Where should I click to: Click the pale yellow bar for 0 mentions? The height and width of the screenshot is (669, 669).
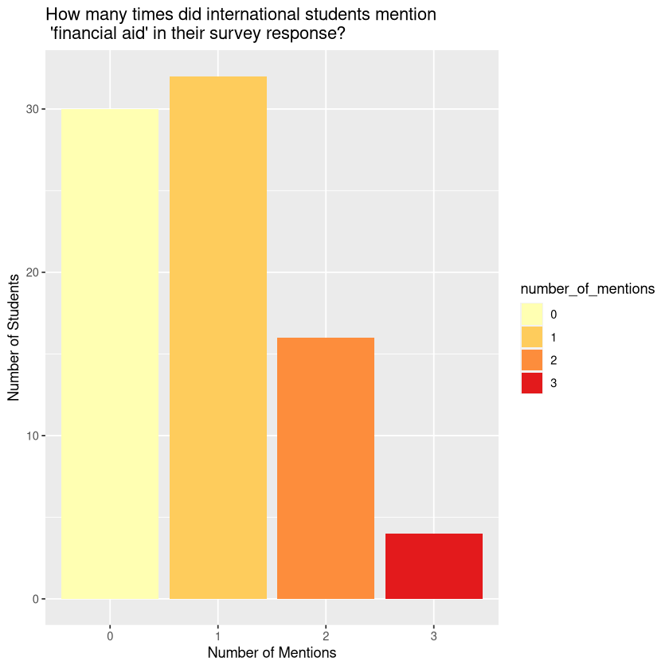110,354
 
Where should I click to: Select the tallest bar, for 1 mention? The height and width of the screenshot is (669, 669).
218,338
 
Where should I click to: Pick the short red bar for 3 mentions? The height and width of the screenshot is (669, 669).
434,566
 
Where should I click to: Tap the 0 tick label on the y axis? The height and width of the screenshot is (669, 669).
34,599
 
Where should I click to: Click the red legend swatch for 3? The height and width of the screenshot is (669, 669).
531,383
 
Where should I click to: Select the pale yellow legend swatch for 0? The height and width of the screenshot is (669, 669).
531,315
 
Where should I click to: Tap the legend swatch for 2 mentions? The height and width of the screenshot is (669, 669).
531,360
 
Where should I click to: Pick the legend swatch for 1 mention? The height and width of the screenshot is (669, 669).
531,338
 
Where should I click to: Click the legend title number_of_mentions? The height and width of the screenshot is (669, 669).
587,289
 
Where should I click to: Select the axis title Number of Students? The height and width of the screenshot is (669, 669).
14,338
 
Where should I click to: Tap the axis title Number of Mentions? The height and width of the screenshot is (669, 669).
272,653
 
